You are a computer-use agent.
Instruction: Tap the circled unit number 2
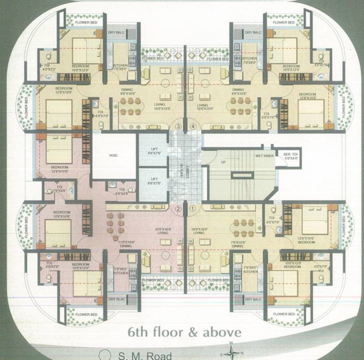pyautogui.click(x=178, y=209)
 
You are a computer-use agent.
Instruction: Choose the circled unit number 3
pyautogui.click(x=178, y=126)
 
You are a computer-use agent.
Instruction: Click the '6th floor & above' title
pyautogui.click(x=185, y=332)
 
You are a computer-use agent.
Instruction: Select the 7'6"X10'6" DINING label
pyautogui.click(x=237, y=243)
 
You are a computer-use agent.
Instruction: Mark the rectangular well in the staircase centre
pyautogui.click(x=242, y=175)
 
